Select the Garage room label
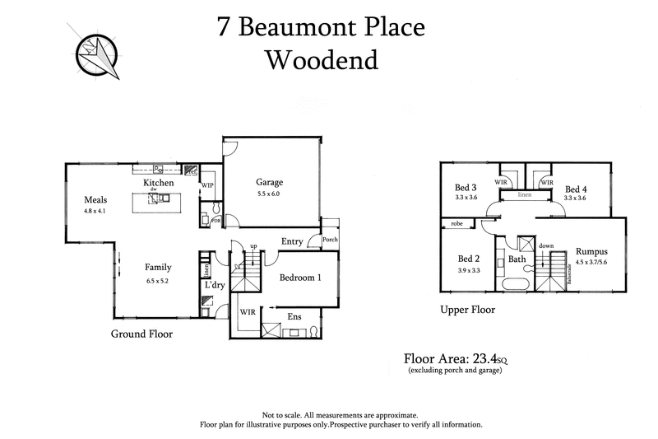269,182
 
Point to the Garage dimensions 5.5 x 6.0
269,194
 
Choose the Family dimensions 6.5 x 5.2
156,281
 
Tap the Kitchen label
158,182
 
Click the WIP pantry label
207,186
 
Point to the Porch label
330,241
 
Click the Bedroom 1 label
300,278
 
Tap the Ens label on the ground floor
294,316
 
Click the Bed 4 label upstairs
576,188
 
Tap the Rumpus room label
591,252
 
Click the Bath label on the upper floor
517,259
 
